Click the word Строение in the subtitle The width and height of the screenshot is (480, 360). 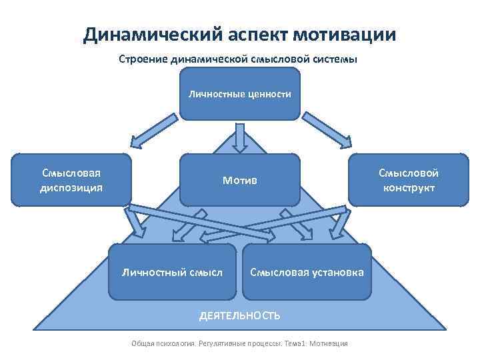142,59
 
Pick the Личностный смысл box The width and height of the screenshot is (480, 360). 172,272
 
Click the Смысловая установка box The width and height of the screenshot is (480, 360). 307,272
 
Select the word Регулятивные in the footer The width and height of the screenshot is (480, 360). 221,343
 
